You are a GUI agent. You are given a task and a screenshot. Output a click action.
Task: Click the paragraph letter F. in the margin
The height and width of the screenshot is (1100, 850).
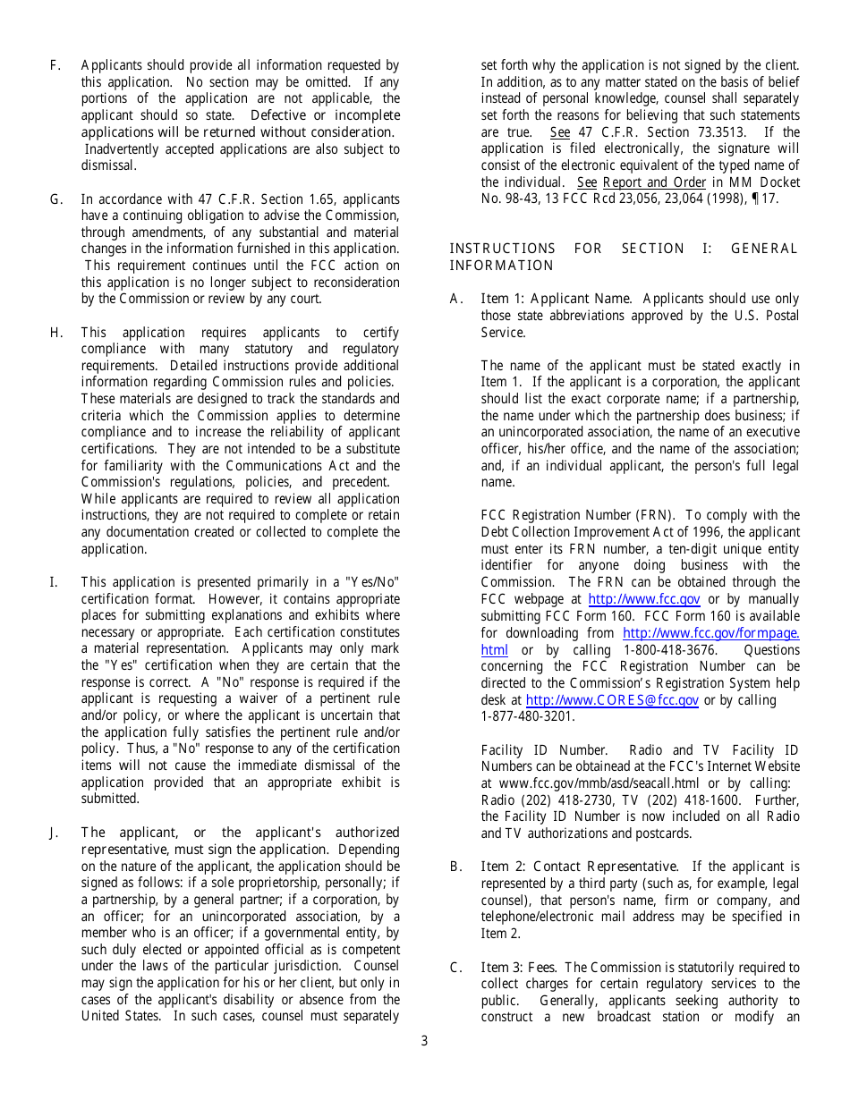pos(55,65)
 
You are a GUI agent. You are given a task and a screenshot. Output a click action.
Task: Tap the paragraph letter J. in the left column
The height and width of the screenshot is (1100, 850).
pos(54,833)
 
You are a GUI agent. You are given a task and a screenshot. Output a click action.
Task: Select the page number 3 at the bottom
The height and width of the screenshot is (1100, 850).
pos(424,1041)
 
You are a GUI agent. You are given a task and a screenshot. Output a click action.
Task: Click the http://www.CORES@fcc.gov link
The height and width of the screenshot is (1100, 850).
pos(612,700)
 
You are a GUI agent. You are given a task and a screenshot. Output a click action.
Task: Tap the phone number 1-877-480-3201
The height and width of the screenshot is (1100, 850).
pos(528,716)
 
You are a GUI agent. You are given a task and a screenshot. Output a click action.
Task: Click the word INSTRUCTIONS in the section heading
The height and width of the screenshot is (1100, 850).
pos(502,249)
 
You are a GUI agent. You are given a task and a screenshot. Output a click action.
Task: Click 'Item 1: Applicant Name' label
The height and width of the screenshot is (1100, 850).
pos(556,299)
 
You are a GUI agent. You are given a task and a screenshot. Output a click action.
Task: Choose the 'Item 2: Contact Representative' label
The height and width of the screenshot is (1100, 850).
pos(580,867)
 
